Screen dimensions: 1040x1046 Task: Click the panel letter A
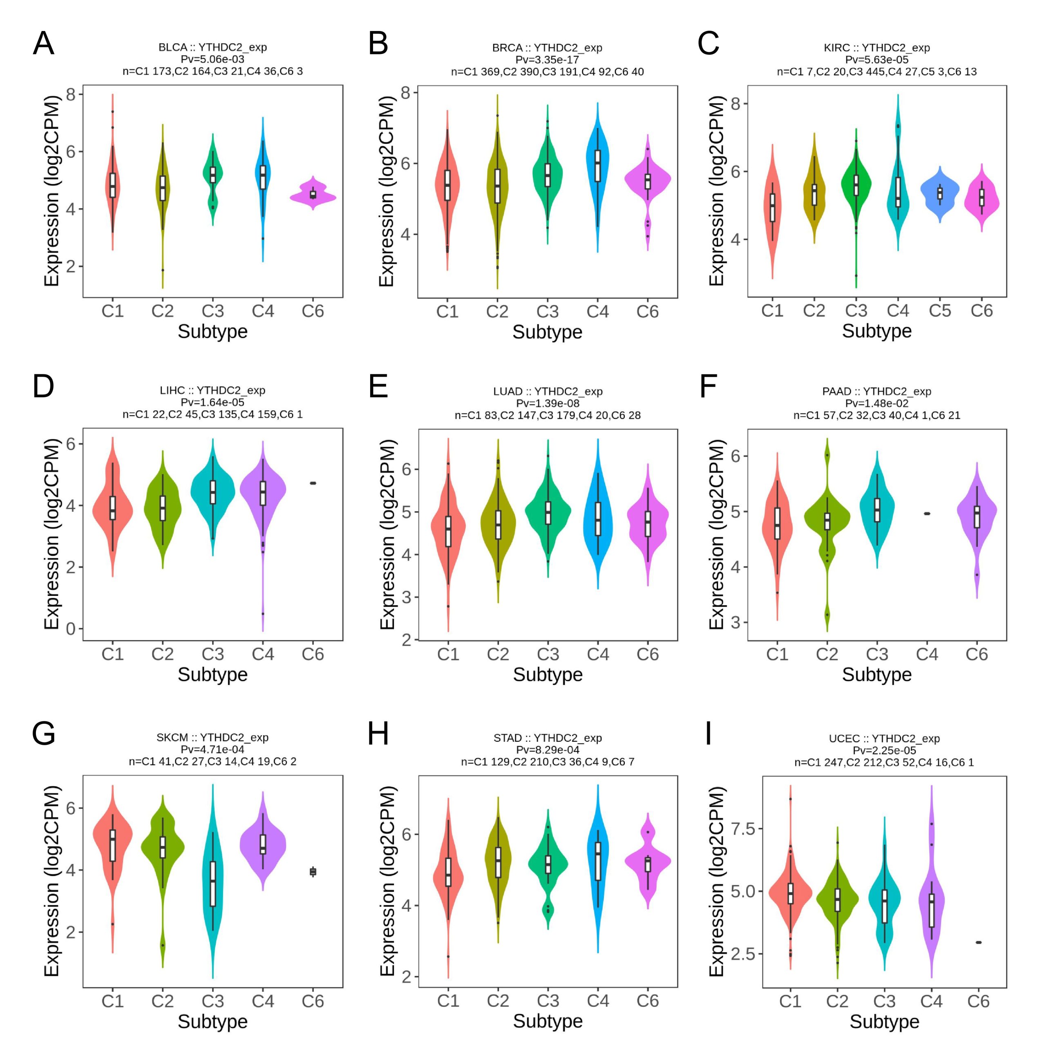43,43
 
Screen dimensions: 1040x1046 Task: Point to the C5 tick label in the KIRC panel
940,311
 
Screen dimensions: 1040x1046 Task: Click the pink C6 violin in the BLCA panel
313,196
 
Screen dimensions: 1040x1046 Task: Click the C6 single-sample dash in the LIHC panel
313,483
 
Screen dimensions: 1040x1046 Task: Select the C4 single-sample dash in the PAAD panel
927,513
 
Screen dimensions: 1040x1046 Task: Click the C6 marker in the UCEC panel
978,943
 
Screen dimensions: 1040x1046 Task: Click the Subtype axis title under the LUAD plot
548,675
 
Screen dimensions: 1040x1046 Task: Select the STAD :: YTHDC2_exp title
548,738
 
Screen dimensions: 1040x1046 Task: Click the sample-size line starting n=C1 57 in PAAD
876,415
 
